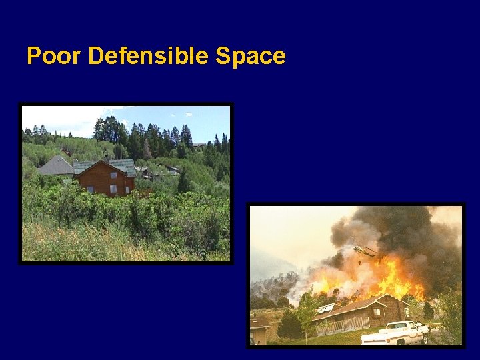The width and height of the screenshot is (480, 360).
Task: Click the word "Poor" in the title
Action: [x=54, y=56]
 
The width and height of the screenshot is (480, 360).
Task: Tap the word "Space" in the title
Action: [x=250, y=56]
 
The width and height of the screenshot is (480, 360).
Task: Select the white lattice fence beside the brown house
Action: [x=344, y=325]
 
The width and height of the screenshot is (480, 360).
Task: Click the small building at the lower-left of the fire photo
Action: [x=259, y=331]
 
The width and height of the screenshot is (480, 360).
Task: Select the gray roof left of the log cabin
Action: [x=55, y=167]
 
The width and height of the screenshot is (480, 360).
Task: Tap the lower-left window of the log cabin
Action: [x=90, y=189]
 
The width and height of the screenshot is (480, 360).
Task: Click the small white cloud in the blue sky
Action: [x=189, y=114]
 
